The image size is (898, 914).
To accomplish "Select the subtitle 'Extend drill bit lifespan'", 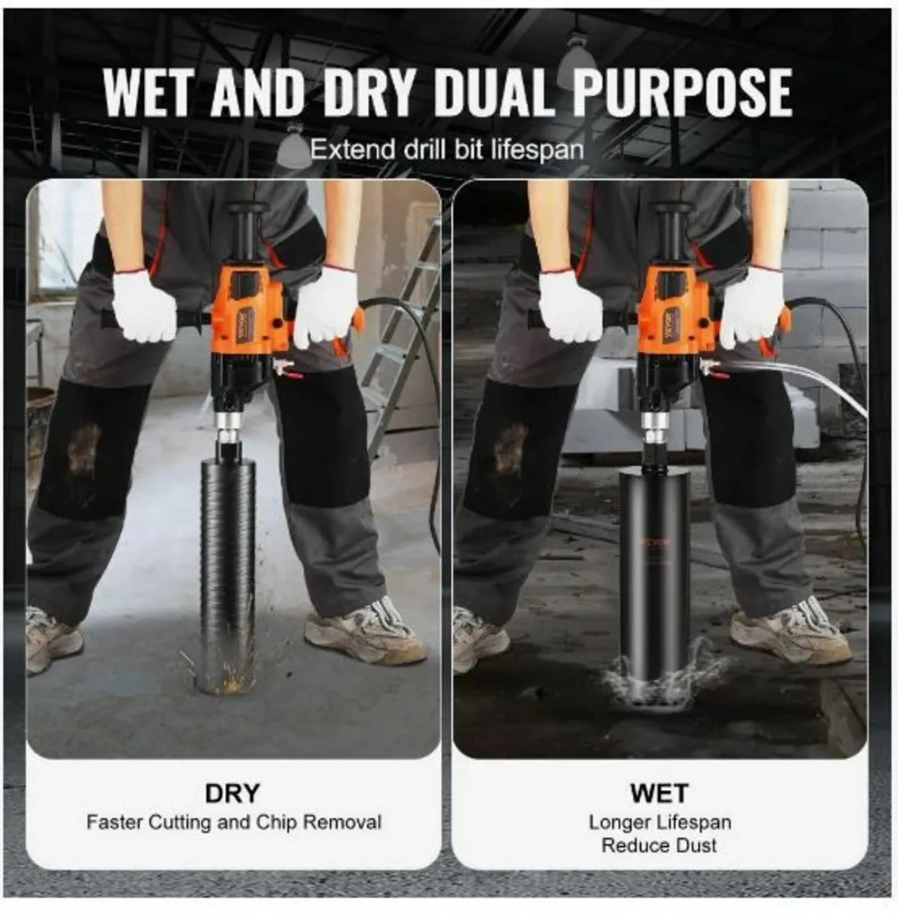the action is (x=446, y=150).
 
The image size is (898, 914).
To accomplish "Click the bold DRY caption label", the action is (x=232, y=793).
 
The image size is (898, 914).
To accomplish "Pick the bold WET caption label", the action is (x=660, y=793).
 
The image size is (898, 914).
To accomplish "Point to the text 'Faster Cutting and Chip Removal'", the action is (x=234, y=822).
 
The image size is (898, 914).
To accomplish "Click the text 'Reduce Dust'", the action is (x=659, y=845).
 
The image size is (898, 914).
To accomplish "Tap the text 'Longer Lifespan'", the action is (x=660, y=823).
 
